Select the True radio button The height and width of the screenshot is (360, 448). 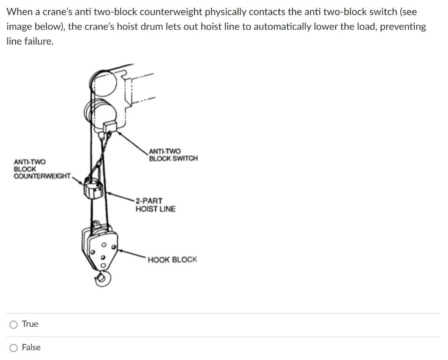pyautogui.click(x=14, y=324)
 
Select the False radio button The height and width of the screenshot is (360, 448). pyautogui.click(x=14, y=348)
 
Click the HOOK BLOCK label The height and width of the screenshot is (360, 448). pyautogui.click(x=172, y=259)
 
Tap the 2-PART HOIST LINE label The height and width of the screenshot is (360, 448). pyautogui.click(x=155, y=205)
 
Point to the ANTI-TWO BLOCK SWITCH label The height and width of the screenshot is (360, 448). pyautogui.click(x=173, y=154)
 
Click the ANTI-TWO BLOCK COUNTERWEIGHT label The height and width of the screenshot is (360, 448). pyautogui.click(x=42, y=169)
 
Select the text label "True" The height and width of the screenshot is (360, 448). pyautogui.click(x=30, y=324)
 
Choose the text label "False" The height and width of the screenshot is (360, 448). pyautogui.click(x=31, y=348)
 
